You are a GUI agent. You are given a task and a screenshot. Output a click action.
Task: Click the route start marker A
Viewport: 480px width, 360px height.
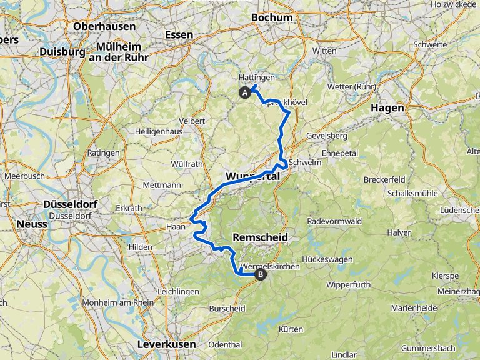(245, 93)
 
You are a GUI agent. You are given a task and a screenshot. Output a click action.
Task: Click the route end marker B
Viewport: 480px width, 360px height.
(260, 274)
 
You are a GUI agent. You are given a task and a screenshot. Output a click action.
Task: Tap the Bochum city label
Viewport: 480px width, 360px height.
(271, 17)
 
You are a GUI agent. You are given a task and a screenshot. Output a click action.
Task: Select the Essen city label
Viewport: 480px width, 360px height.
(179, 35)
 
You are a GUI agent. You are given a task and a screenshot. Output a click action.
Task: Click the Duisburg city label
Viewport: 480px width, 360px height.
(62, 52)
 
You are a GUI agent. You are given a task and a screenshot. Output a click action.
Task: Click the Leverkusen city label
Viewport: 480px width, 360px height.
(166, 344)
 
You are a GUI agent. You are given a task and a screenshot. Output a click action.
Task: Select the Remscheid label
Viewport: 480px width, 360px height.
(260, 237)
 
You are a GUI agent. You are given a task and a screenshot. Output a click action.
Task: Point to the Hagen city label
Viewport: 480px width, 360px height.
(387, 107)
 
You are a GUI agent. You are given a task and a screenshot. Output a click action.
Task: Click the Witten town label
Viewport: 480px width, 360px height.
(324, 51)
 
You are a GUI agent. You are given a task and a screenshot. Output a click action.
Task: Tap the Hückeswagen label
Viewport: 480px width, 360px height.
(327, 259)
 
